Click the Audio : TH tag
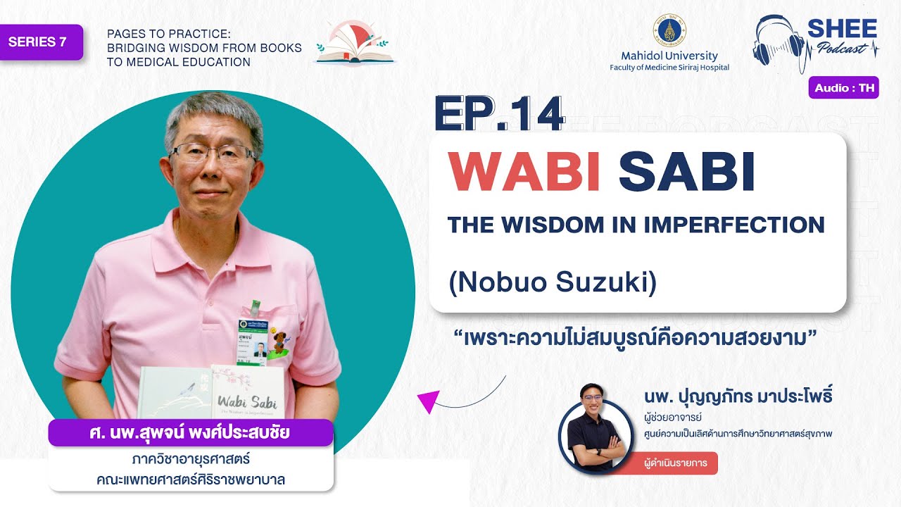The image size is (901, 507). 843,88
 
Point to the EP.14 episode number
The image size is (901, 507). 499,114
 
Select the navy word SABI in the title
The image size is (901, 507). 686,172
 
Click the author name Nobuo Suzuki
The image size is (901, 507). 553,282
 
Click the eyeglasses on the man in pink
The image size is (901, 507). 213,153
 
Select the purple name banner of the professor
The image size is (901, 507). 190,432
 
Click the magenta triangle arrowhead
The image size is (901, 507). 427,401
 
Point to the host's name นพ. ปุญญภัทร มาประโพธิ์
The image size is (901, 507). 738,396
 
